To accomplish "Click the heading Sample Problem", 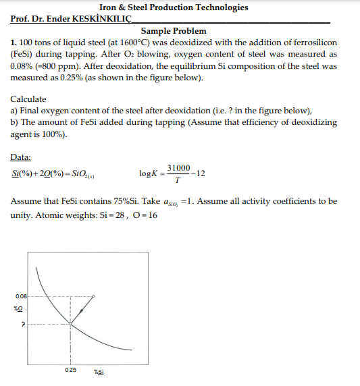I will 174,31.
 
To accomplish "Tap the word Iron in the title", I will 111,7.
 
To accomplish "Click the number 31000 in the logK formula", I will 178,167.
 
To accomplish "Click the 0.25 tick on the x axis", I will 70,370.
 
